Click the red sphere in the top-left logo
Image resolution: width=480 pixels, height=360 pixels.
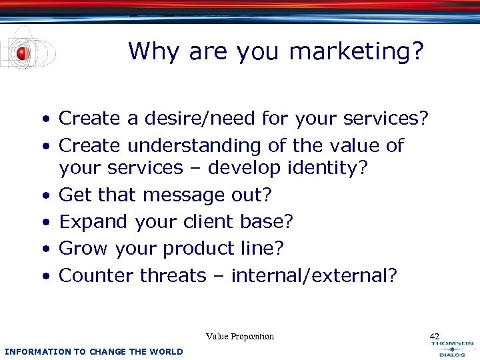click(23, 53)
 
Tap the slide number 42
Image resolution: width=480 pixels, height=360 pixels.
click(435, 337)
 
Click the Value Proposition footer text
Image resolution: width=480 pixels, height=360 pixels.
click(240, 337)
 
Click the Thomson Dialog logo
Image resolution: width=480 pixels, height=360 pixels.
click(452, 348)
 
